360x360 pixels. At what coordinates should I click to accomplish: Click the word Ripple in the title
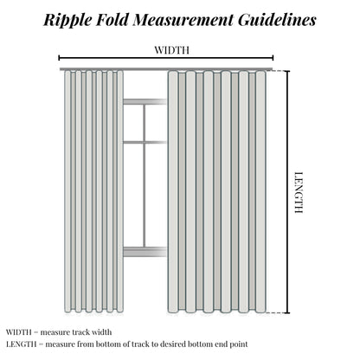coord(68,21)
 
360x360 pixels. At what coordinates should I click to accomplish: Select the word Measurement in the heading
coord(183,20)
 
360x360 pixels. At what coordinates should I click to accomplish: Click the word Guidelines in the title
coord(277,20)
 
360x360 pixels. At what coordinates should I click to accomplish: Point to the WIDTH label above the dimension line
coord(172,50)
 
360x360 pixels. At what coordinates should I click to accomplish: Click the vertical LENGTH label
coord(299,192)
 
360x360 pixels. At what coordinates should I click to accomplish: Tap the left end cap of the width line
coord(59,58)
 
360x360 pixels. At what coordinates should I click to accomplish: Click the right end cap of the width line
coord(273,58)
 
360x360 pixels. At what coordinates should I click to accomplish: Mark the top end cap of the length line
coord(287,71)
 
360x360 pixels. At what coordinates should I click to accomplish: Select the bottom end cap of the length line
coord(287,312)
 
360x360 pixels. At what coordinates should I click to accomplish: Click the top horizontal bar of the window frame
coord(145,101)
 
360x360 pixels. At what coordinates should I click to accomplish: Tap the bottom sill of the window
coord(145,252)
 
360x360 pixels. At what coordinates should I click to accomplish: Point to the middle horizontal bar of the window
coord(145,142)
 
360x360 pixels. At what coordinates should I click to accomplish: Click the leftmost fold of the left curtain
coord(67,191)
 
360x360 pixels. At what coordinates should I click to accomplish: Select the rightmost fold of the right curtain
coord(260,192)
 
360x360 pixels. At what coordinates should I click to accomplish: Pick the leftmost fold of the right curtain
coord(173,192)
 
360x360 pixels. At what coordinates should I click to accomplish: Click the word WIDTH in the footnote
coord(19,332)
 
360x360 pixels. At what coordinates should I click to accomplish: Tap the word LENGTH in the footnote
coord(21,344)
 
